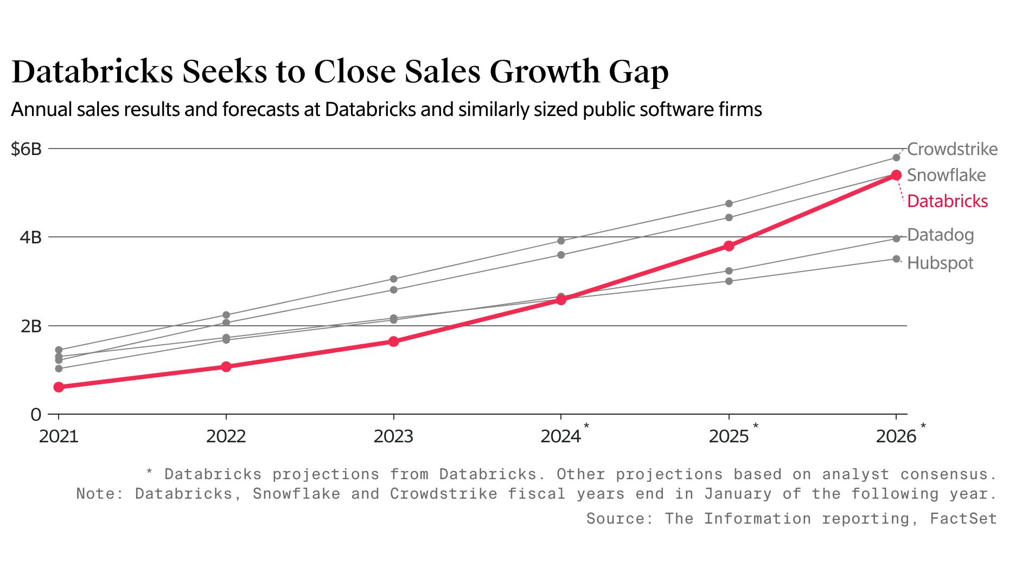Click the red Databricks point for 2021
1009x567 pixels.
(59, 387)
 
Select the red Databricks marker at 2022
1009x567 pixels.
(226, 367)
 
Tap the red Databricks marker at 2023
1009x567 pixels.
(394, 342)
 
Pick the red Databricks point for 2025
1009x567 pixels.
(729, 246)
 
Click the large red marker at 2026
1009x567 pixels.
(896, 175)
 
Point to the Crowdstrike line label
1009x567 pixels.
(952, 149)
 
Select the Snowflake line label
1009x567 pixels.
(946, 175)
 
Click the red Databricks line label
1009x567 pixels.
(947, 201)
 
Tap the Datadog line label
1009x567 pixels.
(940, 235)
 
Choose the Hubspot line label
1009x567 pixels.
(940, 263)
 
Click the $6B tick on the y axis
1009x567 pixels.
(26, 149)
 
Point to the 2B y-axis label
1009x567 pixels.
(31, 326)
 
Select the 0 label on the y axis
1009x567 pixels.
(36, 415)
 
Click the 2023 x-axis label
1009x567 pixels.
(393, 436)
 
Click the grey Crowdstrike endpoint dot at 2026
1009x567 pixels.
(896, 158)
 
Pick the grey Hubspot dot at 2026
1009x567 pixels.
(896, 259)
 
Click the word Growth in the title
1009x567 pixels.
(542, 72)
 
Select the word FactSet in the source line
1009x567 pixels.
(963, 519)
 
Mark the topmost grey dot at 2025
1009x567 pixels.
(729, 204)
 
